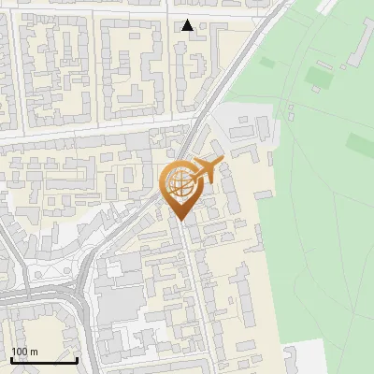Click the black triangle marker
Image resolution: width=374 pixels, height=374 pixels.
click(188, 25)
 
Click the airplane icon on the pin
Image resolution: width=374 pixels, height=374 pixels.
click(207, 171)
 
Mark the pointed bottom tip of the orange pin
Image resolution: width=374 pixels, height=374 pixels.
click(180, 220)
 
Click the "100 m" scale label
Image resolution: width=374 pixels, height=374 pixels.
click(24, 352)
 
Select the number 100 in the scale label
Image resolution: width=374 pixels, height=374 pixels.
click(20, 352)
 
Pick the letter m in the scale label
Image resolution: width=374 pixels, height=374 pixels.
click(34, 352)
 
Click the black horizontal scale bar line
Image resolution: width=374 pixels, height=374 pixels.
click(44, 360)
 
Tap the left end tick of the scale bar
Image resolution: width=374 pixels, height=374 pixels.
click(11, 358)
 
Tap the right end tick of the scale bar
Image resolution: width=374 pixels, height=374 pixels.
click(77, 358)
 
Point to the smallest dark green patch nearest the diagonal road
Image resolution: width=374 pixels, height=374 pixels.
click(268, 63)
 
